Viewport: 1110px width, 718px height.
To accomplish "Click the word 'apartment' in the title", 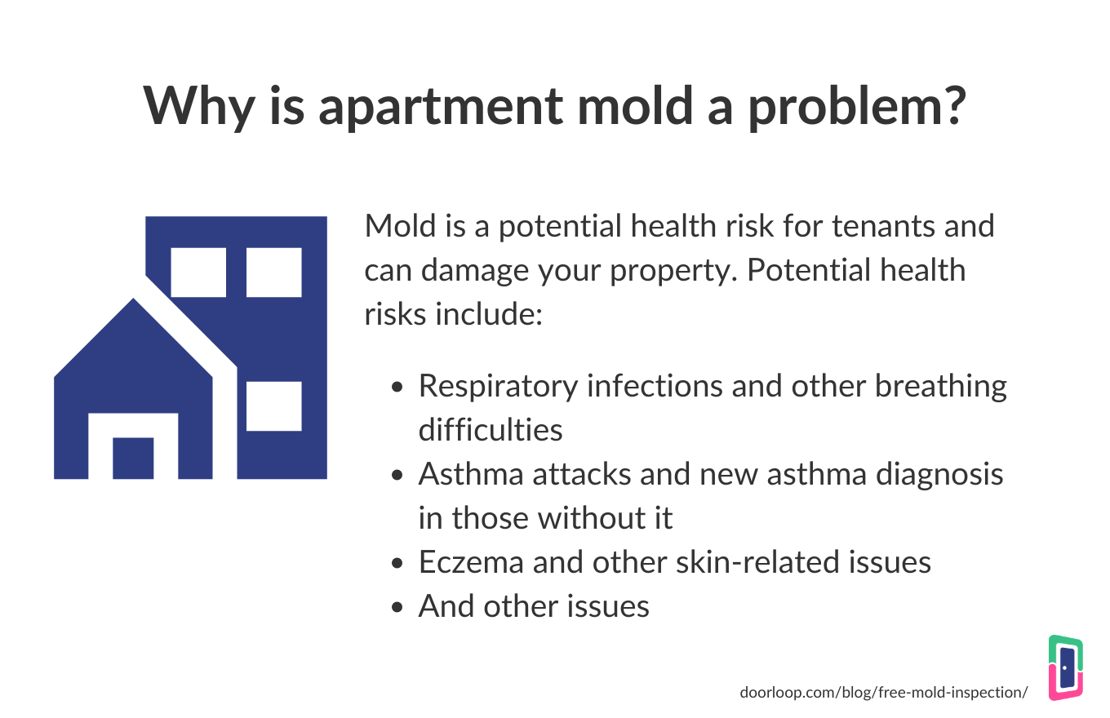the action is click(441, 107).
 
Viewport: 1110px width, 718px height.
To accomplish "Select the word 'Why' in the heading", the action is click(199, 107).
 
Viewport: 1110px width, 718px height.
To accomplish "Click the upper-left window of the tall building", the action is click(198, 272).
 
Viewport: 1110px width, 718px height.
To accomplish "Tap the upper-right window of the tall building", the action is click(274, 272).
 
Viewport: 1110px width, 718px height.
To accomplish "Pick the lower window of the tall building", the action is click(274, 406).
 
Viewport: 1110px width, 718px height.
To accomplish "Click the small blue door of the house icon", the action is click(133, 459).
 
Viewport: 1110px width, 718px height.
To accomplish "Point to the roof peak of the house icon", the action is click(133, 299).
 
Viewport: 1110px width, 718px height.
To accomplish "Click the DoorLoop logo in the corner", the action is click(1066, 667).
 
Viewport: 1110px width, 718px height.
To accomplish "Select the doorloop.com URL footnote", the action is click(884, 692).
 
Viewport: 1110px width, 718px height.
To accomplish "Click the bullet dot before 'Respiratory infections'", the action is click(397, 387).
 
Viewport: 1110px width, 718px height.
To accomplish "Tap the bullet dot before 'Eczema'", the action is click(397, 564).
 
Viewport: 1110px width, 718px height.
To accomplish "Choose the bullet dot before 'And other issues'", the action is click(397, 608).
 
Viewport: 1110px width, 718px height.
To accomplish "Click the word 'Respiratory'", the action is click(498, 388).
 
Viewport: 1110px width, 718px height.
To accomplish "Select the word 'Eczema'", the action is click(471, 562).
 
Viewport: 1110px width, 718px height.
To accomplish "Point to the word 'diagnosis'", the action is click(939, 476).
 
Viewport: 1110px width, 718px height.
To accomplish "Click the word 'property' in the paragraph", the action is click(673, 272).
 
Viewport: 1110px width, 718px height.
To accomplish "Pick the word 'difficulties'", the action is click(491, 430).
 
